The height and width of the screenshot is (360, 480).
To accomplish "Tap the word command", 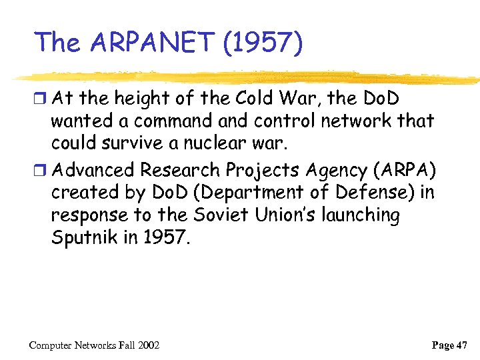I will tap(170, 121).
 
